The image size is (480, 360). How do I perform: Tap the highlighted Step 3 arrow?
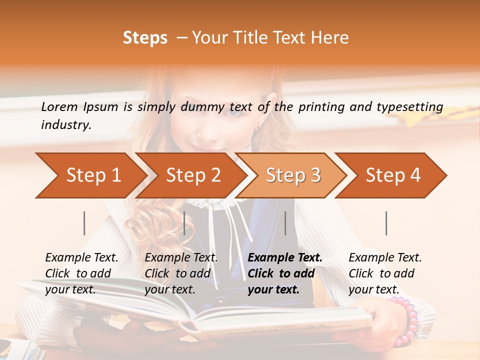pos(292,175)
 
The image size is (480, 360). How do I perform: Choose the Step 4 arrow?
pos(392,175)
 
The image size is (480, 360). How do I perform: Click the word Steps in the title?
pos(145,38)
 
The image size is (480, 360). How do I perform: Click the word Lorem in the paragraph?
pos(59,107)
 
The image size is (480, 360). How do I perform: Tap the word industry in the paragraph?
pos(65,125)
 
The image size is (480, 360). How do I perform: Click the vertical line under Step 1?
pos(84,223)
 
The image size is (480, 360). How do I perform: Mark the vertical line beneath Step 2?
pos(184,223)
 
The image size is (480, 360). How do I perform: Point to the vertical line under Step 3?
pos(285,223)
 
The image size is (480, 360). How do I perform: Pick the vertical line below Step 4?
pos(386,223)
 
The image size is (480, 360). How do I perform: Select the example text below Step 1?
pos(81,273)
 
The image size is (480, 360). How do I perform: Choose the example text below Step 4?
pos(385,273)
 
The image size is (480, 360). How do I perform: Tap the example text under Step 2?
pos(181,273)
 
